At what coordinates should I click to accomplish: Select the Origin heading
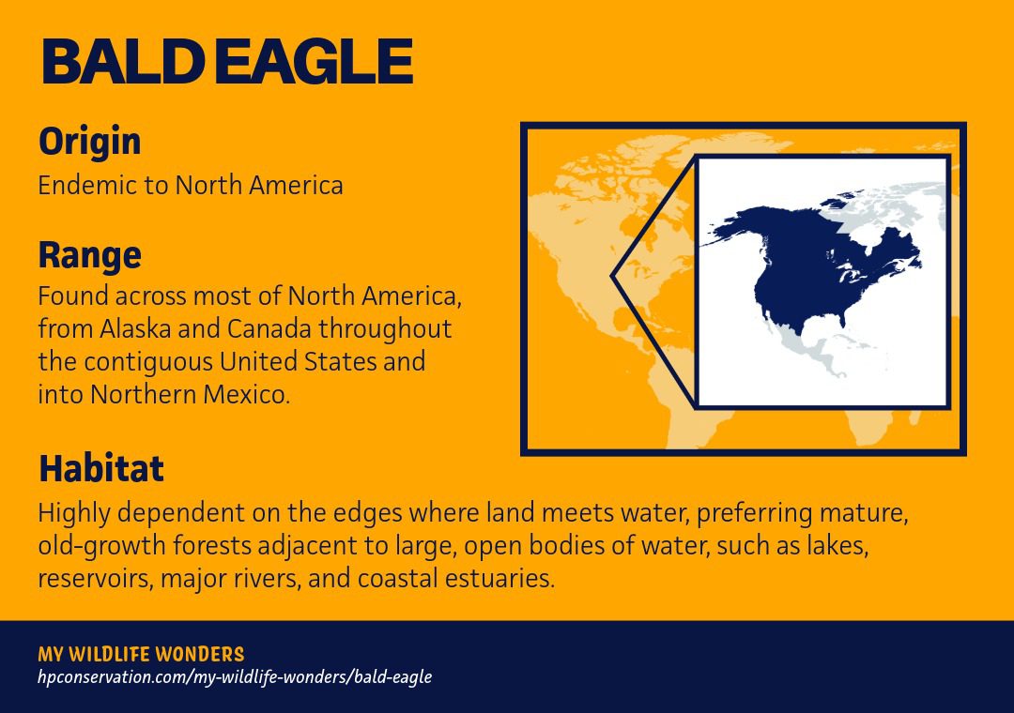pos(89,142)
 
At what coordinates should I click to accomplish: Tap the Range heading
pos(89,254)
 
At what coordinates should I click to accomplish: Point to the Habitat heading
pos(100,467)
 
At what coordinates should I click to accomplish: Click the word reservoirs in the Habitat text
pos(95,578)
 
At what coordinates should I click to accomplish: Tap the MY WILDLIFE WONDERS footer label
pos(141,654)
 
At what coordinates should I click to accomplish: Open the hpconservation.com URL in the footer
pos(235,676)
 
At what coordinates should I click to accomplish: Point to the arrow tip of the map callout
pos(613,277)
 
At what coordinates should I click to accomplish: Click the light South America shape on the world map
pos(657,413)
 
